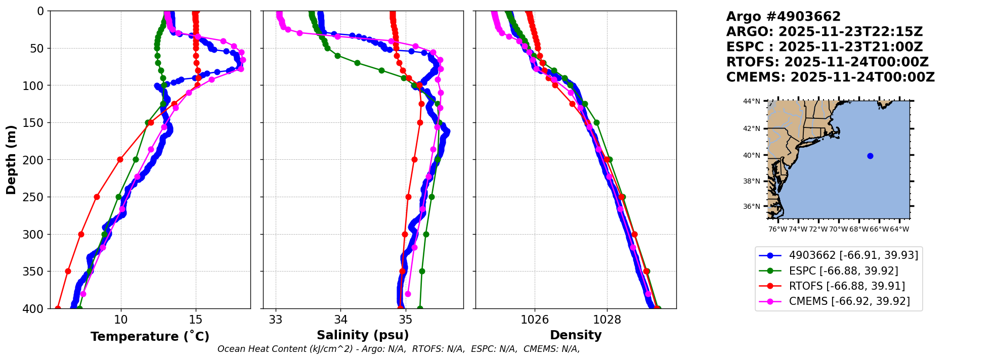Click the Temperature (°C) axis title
[150, 336]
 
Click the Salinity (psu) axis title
[363, 335]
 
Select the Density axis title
[576, 335]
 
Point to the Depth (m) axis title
[11, 159]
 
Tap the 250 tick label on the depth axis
[37, 197]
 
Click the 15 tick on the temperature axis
[196, 320]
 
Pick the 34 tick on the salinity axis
[340, 320]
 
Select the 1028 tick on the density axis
[607, 320]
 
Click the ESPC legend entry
[843, 271]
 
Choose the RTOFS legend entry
[847, 286]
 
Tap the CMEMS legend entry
[849, 301]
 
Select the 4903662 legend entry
[853, 255]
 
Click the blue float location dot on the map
[870, 156]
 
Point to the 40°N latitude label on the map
[752, 155]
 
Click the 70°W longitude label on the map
[838, 229]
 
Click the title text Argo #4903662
[783, 17]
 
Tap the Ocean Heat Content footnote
[399, 349]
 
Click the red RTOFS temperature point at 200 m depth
[120, 160]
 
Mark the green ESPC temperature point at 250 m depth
[118, 197]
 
